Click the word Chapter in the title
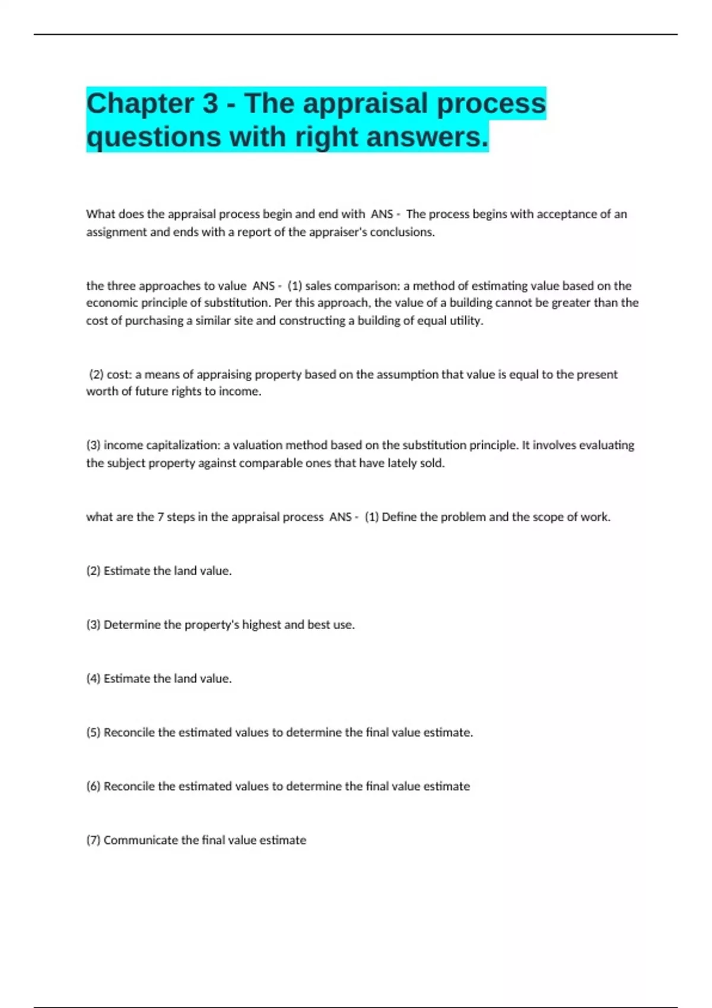139,104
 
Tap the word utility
465,321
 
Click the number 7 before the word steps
160,517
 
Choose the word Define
399,517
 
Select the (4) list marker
93,679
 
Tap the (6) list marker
93,786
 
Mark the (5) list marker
93,733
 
